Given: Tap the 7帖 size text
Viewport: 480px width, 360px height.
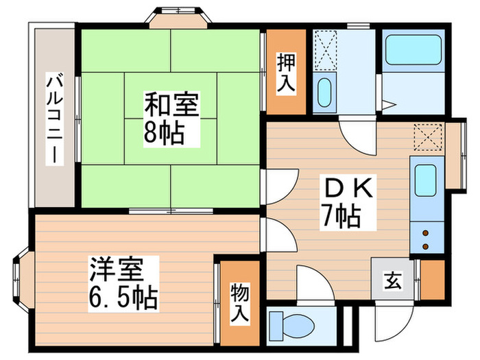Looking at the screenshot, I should click(x=341, y=218).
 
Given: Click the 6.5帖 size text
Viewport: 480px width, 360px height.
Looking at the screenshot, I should click(x=123, y=297).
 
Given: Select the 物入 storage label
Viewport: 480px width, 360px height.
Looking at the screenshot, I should click(x=239, y=302).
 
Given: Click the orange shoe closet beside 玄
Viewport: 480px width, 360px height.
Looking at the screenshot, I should click(x=433, y=279).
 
